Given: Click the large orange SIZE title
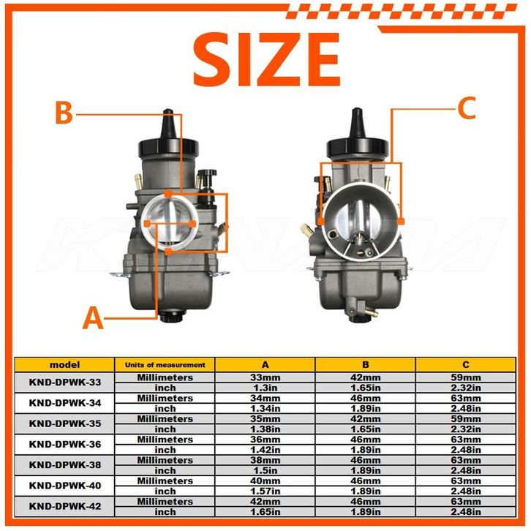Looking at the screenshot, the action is pos(266,59).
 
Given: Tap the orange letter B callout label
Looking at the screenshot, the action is pos(64,113).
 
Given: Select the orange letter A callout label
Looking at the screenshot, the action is pos(93,317).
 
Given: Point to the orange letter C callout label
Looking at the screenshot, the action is pos(467,108).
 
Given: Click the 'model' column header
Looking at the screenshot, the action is pos(64,365).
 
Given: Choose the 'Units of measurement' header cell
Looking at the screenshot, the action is pos(165,365).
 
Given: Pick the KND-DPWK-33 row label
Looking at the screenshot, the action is pos(65,383).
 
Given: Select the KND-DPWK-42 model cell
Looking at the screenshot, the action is pos(65,506).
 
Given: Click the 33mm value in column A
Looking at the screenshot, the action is pos(265,377).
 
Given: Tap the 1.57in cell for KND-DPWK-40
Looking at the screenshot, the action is pos(265,491).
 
